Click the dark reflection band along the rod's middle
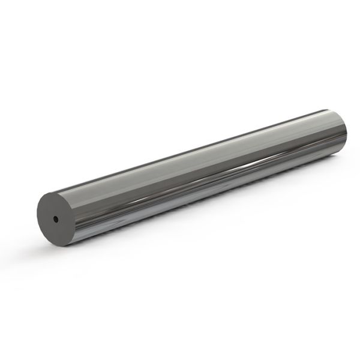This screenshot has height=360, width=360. [x=198, y=180]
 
